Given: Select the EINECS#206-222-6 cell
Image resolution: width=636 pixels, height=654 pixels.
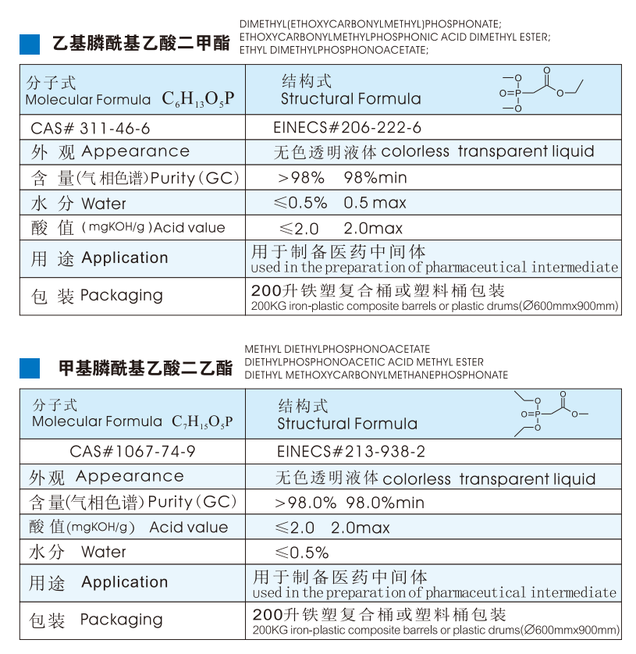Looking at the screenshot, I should click(347, 127).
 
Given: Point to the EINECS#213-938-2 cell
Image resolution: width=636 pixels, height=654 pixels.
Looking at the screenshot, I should click(351, 451).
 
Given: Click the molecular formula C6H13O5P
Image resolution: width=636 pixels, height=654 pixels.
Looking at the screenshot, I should click(198, 99).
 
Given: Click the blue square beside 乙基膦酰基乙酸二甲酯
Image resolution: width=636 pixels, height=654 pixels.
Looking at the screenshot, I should click(30, 44).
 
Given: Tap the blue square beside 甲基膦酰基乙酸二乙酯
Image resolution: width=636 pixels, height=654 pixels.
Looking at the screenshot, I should click(30, 368).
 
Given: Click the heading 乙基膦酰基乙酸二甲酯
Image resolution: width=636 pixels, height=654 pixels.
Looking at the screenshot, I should click(140, 44).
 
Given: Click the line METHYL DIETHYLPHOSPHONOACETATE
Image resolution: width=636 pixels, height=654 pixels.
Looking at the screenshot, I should click(337, 350).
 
